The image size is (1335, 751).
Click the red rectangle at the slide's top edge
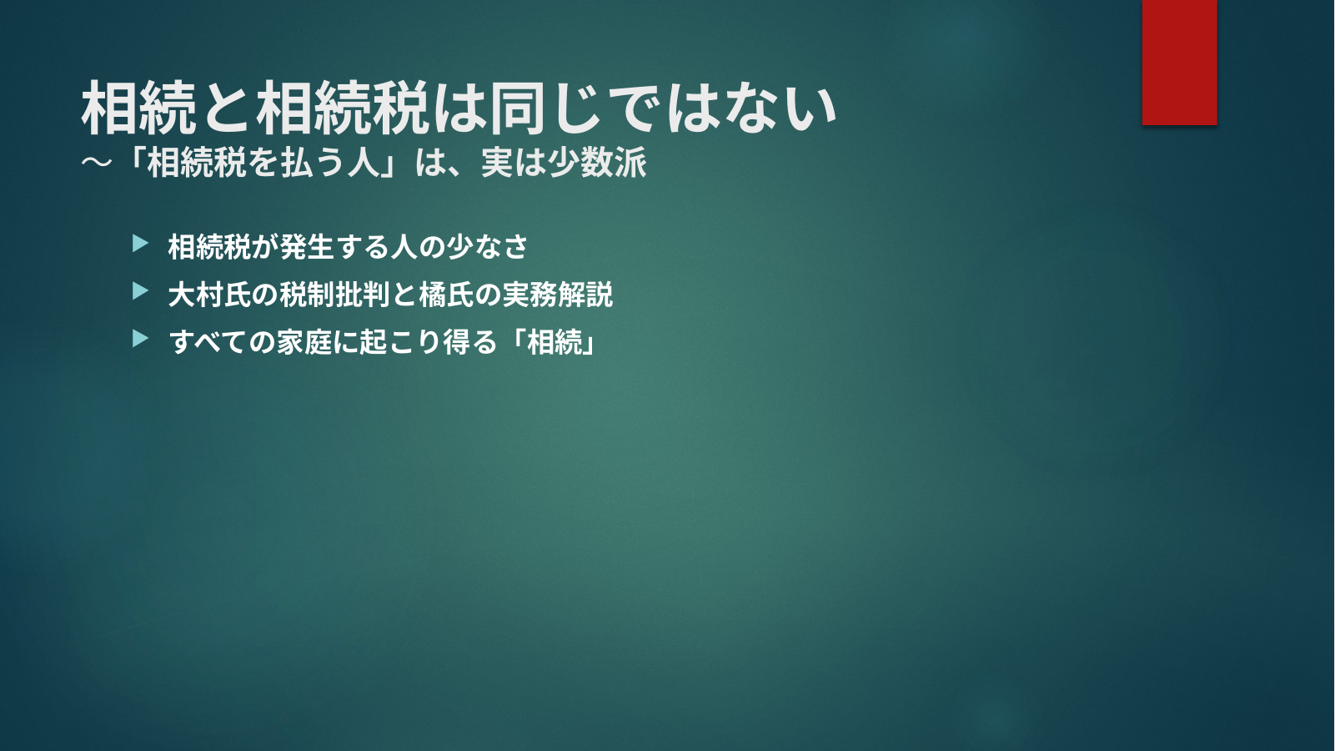pyautogui.click(x=1179, y=62)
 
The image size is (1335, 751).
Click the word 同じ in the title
pyautogui.click(x=544, y=108)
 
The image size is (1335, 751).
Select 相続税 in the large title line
pyautogui.click(x=343, y=108)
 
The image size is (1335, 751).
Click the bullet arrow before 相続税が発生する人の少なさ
pyautogui.click(x=141, y=244)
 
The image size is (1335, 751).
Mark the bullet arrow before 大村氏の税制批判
pyautogui.click(x=141, y=291)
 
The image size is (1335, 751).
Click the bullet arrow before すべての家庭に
pyautogui.click(x=141, y=339)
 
